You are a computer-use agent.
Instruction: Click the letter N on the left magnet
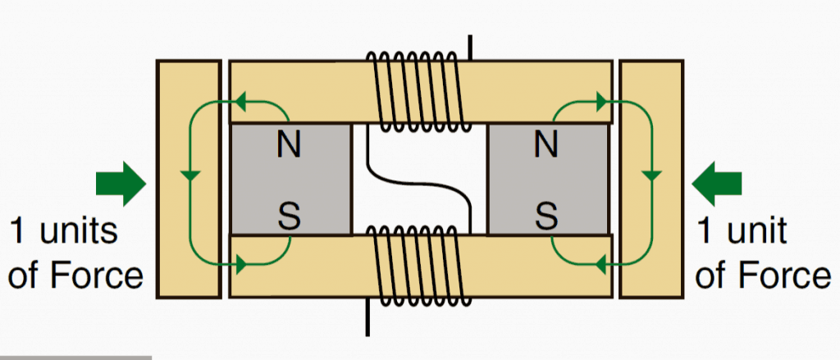click(287, 146)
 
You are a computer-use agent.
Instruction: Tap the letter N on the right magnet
click(546, 146)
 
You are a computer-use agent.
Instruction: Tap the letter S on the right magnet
click(545, 216)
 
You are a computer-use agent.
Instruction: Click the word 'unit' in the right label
click(751, 231)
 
